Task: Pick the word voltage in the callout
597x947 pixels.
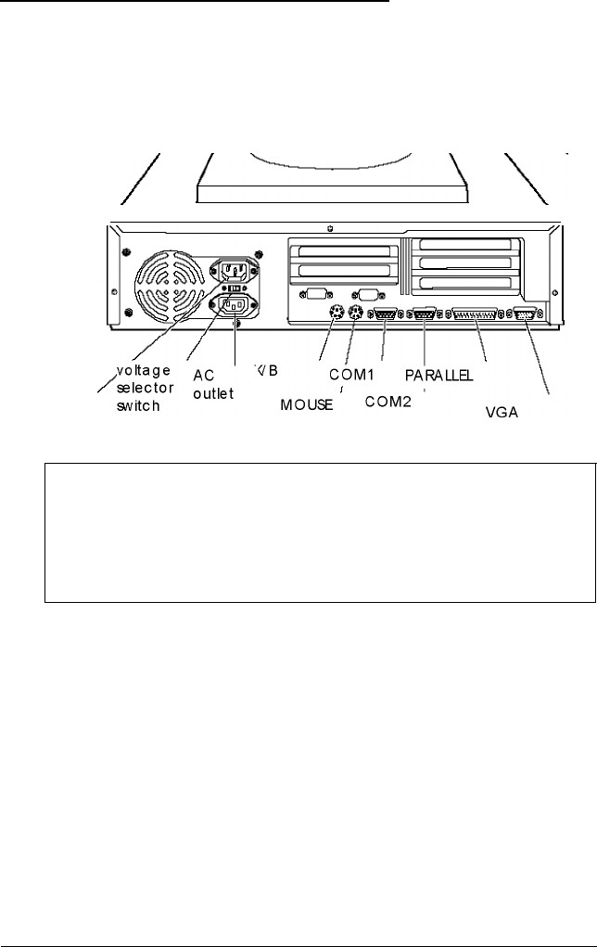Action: (144, 371)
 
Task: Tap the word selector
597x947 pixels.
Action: (145, 388)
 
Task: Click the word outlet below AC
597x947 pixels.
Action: (213, 392)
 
